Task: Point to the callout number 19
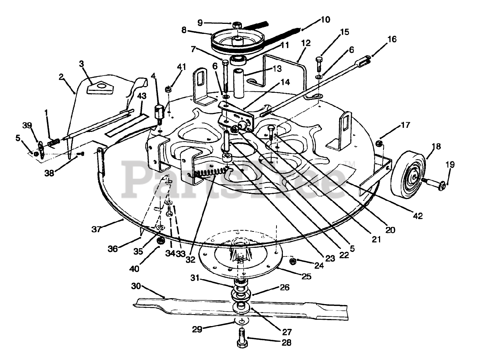click(x=450, y=164)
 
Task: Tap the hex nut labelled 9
click(x=237, y=25)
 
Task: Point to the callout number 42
click(x=418, y=216)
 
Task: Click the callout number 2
click(x=62, y=78)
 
